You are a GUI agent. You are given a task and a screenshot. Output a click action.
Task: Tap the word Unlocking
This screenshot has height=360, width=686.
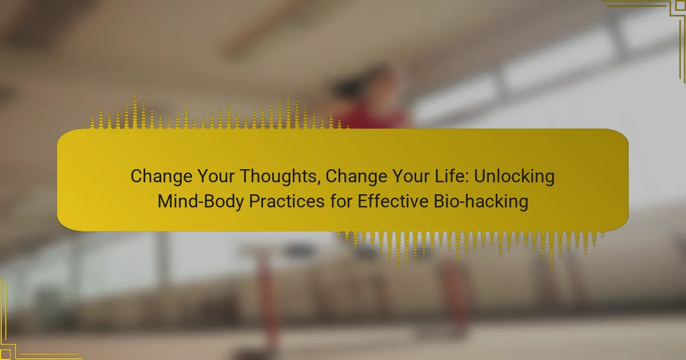pos(514,177)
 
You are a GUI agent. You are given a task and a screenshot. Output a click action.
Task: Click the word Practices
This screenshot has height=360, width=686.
pos(286,201)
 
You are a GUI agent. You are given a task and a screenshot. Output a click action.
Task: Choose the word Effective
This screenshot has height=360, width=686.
pos(393,201)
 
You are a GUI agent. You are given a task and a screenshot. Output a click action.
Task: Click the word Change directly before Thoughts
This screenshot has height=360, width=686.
pos(161,177)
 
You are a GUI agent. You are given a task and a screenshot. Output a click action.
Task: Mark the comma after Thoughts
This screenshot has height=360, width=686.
pos(320,183)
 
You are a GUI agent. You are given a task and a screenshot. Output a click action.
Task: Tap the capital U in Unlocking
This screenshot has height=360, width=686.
pos(480,177)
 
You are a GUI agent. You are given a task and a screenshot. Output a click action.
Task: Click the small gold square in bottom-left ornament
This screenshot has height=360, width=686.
pos(5,354)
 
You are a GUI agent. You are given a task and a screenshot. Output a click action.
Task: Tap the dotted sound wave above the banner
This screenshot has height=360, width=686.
pos(216,112)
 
